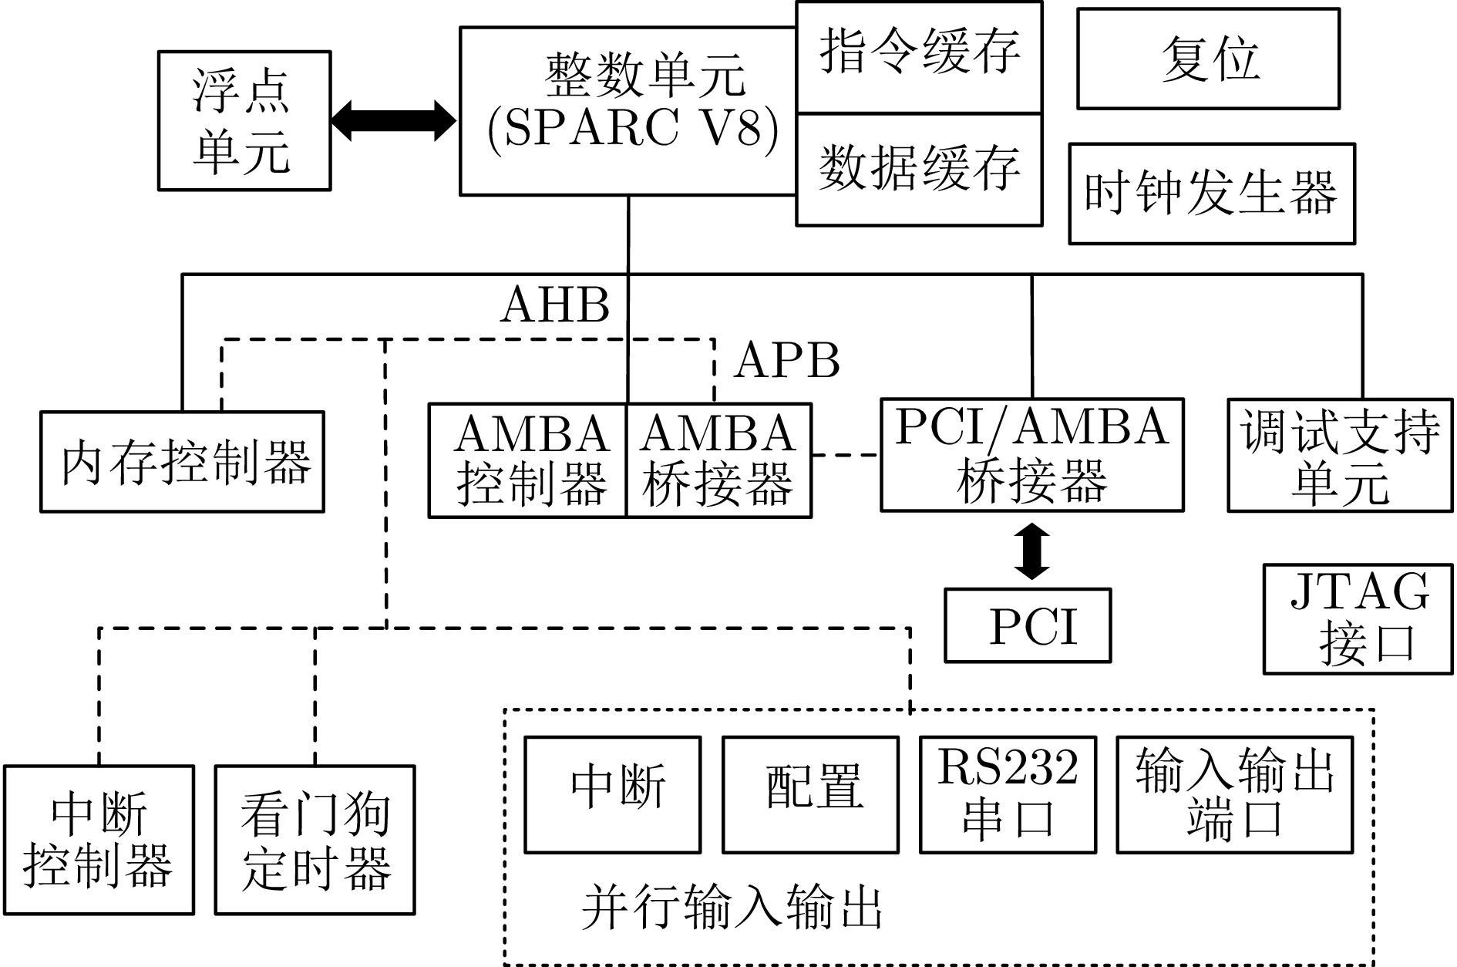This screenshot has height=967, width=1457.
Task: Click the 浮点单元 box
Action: tap(244, 120)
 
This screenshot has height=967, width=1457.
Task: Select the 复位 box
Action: tap(1208, 59)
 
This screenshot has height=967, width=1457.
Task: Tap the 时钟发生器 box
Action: tap(1211, 194)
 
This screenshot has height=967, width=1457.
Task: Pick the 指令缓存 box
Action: tap(919, 58)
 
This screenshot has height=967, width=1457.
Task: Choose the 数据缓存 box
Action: tap(919, 170)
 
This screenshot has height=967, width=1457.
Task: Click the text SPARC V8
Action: tap(632, 130)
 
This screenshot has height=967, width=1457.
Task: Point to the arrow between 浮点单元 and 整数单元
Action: tap(394, 121)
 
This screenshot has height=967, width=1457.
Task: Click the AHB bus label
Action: tap(555, 305)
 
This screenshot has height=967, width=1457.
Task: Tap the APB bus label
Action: tap(786, 360)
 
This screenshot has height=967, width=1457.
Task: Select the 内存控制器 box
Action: tap(183, 462)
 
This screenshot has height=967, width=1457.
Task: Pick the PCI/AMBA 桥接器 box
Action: tap(1031, 455)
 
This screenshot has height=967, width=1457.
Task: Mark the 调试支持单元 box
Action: tap(1340, 455)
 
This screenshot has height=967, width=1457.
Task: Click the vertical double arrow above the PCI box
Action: tap(1031, 551)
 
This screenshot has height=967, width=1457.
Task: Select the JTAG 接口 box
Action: tap(1358, 618)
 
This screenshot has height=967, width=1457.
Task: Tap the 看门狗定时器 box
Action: tap(315, 840)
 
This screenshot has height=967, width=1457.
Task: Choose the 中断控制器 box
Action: tap(99, 840)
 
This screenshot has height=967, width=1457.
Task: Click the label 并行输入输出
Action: tap(732, 908)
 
